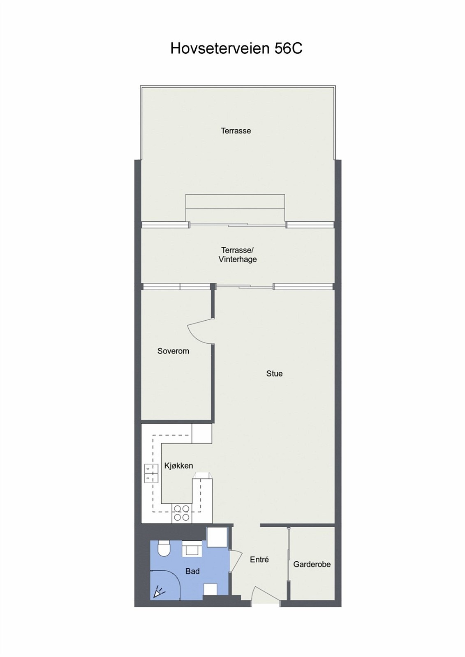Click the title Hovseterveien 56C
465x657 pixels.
pos(236,48)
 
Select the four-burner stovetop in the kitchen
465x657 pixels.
pos(181,513)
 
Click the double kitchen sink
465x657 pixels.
pos(151,473)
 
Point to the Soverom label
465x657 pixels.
pos(173,351)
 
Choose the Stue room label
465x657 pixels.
pos(274,374)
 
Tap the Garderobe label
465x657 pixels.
pos(312,565)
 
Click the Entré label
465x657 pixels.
pos(259,559)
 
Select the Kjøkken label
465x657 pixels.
pos(178,466)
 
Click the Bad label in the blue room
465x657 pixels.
pos(192,571)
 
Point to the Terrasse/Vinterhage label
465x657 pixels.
pos(238,255)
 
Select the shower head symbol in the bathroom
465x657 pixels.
pos(158,593)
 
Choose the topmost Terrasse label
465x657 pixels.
pos(236,131)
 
